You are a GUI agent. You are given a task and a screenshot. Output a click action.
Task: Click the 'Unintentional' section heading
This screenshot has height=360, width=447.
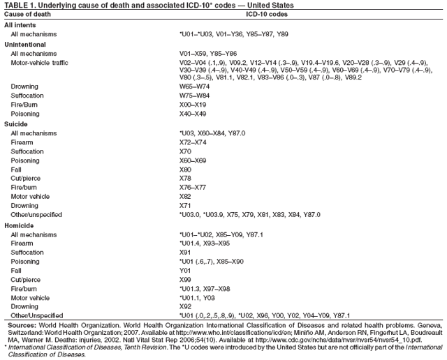(24, 43)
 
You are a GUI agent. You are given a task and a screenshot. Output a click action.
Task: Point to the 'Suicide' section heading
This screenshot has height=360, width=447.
(16, 123)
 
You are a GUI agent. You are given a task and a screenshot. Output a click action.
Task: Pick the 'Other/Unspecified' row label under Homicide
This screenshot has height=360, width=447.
(36, 315)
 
